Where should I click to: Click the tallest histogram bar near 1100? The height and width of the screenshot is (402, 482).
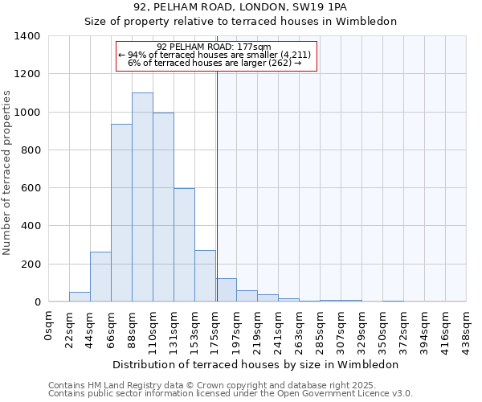pyautogui.click(x=142, y=197)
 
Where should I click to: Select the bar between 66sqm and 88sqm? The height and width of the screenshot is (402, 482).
pyautogui.click(x=121, y=213)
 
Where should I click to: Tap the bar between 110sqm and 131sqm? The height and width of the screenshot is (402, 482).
pyautogui.click(x=163, y=207)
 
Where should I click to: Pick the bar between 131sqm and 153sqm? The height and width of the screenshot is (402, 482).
pyautogui.click(x=184, y=245)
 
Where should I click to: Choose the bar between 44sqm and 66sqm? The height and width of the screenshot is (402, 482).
pyautogui.click(x=100, y=277)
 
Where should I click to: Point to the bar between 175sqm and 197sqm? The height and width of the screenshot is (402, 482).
pyautogui.click(x=226, y=290)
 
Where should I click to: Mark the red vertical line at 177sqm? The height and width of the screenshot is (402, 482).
pyautogui.click(x=217, y=185)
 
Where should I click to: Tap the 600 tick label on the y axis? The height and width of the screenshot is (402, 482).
pyautogui.click(x=31, y=188)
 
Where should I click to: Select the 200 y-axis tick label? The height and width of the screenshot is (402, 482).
pyautogui.click(x=31, y=264)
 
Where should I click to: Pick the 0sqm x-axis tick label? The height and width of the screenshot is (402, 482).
pyautogui.click(x=48, y=325)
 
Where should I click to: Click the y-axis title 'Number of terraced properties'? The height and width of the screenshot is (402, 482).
pyautogui.click(x=8, y=173)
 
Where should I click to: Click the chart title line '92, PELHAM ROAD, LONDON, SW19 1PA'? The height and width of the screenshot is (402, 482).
pyautogui.click(x=241, y=7)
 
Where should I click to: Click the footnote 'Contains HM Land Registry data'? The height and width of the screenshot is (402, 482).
pyautogui.click(x=230, y=385)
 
